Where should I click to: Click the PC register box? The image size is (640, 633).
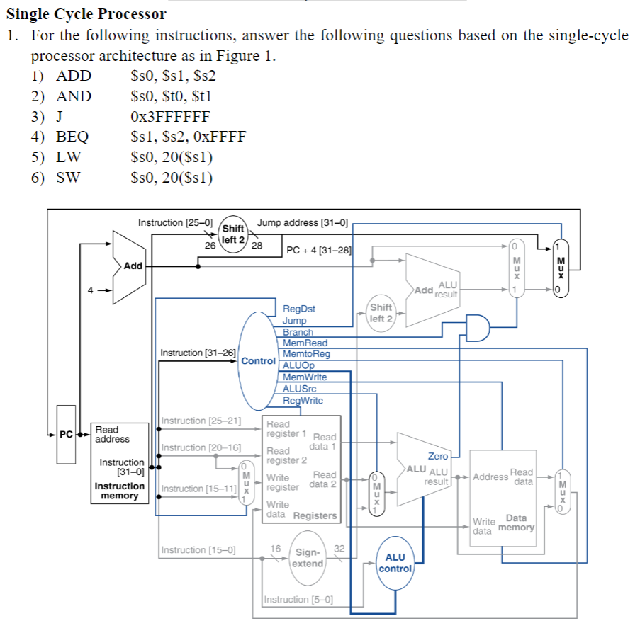pos(66,434)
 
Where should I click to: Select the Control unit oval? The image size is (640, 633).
pos(257,360)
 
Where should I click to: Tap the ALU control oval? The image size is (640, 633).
pos(395,562)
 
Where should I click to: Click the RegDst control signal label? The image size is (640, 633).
pos(298,309)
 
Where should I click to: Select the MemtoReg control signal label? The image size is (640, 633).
pos(305,354)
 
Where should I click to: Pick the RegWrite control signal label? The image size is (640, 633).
pos(302,400)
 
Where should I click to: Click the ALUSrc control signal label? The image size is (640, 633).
pos(299,389)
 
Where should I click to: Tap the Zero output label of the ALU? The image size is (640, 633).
pos(437,456)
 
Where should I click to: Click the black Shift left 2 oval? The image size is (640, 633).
pos(233,234)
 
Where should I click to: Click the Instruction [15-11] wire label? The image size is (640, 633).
pos(198,489)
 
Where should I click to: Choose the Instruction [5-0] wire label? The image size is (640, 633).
pos(298,599)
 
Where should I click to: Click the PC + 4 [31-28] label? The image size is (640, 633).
pos(318,250)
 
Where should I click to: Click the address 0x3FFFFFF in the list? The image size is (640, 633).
pos(171,117)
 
